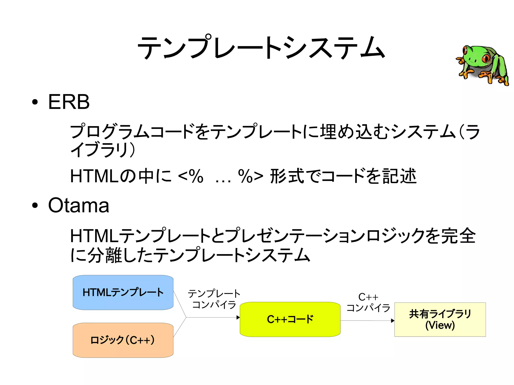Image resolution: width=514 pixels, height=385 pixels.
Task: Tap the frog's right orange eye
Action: click(486, 58)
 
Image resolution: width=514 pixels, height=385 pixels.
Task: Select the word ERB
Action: click(69, 102)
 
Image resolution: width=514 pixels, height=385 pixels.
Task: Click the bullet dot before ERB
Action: click(35, 102)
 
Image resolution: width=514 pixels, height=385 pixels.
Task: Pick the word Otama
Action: click(79, 205)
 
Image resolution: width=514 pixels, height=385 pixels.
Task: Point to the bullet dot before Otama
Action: click(35, 205)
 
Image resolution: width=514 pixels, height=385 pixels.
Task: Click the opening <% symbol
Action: click(190, 176)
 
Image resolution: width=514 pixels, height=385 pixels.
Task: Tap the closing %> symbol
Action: click(250, 176)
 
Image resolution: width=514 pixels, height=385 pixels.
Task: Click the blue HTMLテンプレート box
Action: click(123, 292)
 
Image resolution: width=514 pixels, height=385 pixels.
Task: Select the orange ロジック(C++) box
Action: click(123, 340)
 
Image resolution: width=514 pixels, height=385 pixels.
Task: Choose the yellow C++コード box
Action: click(290, 319)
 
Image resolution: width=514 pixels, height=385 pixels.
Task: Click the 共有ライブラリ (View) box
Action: click(440, 319)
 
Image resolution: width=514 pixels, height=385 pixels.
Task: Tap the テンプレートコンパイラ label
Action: click(214, 299)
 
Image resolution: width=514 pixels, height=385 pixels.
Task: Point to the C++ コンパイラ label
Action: click(368, 302)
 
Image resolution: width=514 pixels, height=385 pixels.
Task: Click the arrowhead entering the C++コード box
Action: click(238, 318)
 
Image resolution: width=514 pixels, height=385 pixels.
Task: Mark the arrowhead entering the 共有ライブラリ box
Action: click(393, 321)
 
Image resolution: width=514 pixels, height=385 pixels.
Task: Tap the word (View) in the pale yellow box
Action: click(440, 325)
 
